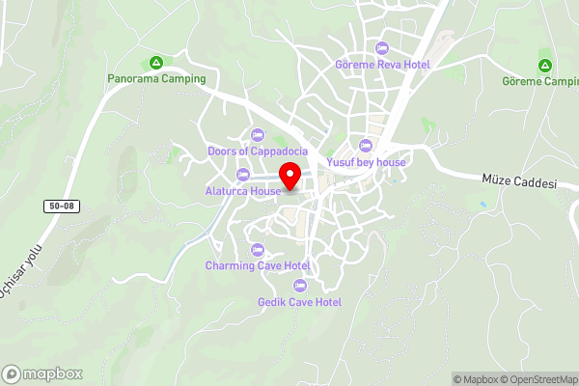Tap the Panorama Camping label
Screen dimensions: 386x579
click(x=157, y=79)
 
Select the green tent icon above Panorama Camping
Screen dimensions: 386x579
click(x=156, y=62)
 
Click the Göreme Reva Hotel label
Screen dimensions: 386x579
click(x=382, y=64)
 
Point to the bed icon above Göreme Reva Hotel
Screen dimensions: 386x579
click(x=382, y=48)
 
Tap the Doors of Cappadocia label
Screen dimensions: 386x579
click(x=258, y=152)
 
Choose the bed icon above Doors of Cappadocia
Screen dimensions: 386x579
click(x=257, y=135)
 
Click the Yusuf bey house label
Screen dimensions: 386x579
click(x=367, y=162)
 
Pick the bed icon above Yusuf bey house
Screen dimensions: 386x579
click(x=366, y=146)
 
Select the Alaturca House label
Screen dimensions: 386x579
click(x=242, y=191)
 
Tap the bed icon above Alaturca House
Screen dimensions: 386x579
click(x=242, y=175)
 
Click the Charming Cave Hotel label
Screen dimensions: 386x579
click(x=258, y=265)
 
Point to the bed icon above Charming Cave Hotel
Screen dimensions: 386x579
click(x=258, y=250)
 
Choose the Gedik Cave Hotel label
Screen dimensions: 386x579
click(x=300, y=302)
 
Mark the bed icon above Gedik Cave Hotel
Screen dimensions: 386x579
click(x=299, y=286)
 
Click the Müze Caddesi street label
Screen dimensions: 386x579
click(x=520, y=182)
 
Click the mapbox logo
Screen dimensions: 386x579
click(x=42, y=373)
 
